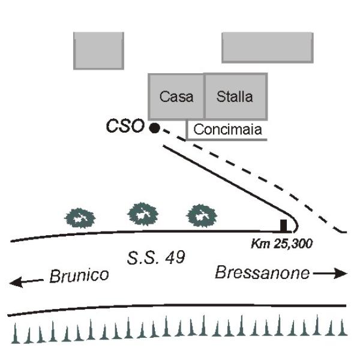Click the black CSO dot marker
pos(155,128)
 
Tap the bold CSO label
pos(125,126)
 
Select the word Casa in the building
pos(176,97)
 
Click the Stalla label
pos(235,97)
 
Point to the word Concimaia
pos(227,130)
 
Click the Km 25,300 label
pos(282,244)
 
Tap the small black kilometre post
pos(284,225)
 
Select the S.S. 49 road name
pos(156,257)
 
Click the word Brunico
pos(79,275)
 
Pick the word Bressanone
pos(262,273)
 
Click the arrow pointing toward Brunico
pos(26,281)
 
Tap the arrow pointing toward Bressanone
pos(330,273)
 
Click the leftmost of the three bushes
pos(80,218)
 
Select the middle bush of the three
pos(143,214)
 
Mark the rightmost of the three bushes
pos(202,216)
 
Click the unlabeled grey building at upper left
pos(99,51)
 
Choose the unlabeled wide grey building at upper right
pos(268,47)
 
